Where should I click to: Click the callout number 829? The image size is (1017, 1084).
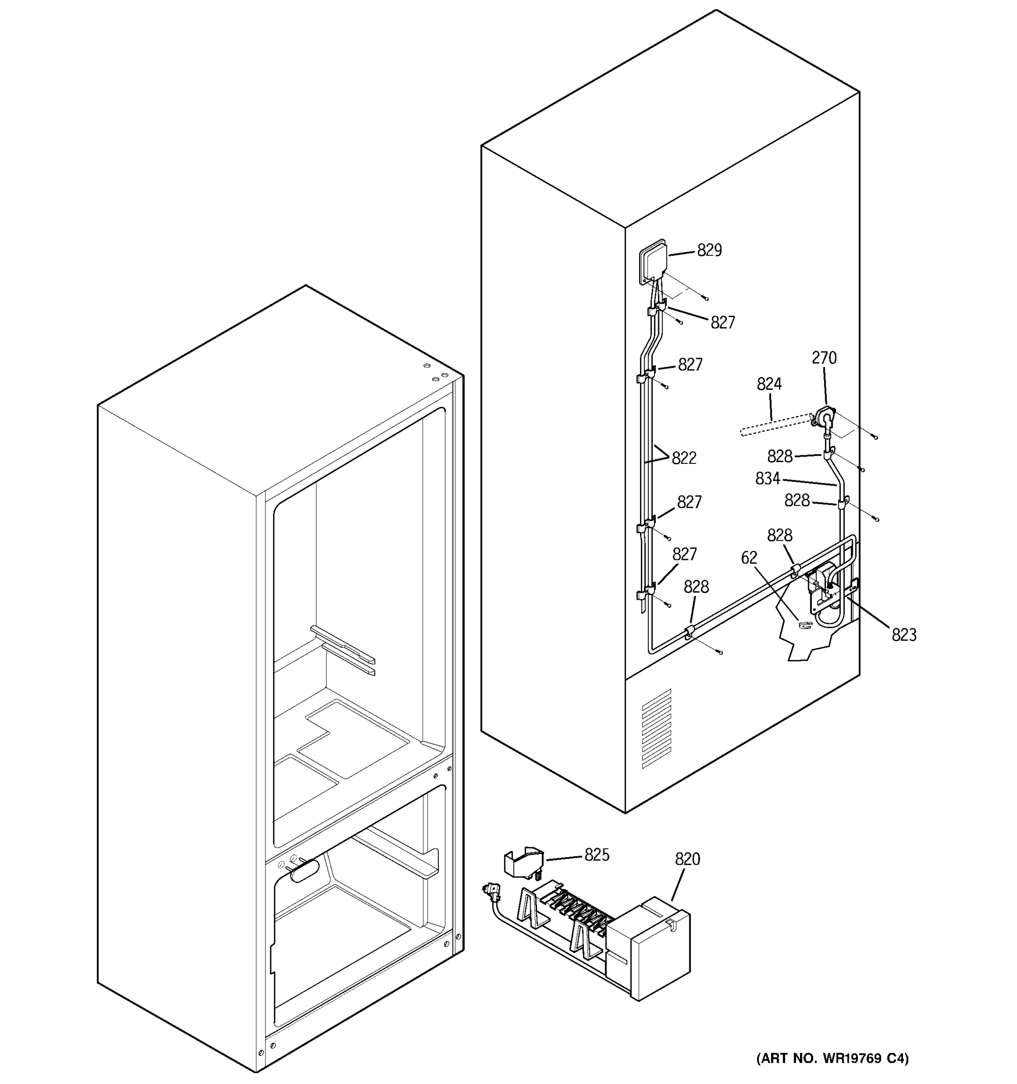(709, 250)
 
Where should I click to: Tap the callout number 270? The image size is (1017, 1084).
(824, 358)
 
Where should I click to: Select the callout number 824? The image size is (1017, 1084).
(769, 384)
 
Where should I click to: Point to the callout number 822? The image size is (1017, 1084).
(683, 458)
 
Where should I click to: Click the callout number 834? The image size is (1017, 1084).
(767, 479)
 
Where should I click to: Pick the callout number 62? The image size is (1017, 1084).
(749, 558)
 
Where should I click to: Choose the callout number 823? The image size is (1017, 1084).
(904, 635)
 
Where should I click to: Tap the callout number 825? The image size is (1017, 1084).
(597, 855)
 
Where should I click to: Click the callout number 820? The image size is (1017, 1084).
(687, 860)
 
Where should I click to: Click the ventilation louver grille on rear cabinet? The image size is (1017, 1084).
(656, 729)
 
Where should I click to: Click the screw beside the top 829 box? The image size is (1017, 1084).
(706, 298)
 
